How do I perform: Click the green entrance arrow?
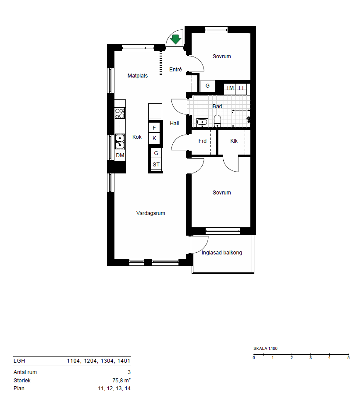175,39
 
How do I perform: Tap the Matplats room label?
137,76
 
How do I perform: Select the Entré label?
175,69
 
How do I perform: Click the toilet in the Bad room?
217,121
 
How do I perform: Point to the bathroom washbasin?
202,122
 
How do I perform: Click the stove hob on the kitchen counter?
120,113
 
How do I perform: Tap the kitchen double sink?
120,142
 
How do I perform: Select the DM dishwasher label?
120,155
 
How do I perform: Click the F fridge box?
155,128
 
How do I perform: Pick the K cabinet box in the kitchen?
155,138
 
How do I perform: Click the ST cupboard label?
156,165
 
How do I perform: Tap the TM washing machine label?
230,88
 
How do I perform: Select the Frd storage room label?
202,141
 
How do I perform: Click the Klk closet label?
234,141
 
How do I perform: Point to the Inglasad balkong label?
221,253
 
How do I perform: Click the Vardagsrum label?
150,213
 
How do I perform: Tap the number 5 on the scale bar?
349,358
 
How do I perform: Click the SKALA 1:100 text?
265,349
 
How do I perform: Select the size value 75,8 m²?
121,380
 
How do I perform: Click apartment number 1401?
124,361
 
